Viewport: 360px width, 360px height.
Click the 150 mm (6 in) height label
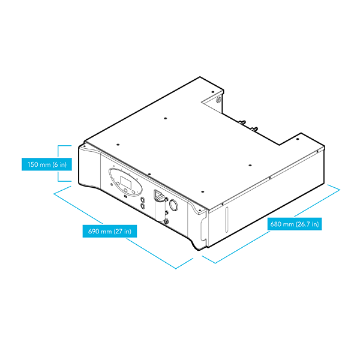click(47, 164)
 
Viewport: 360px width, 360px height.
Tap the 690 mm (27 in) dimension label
click(110, 231)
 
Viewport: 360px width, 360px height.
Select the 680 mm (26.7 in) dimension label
click(295, 224)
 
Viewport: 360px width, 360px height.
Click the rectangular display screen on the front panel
click(126, 182)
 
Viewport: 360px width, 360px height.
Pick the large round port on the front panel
click(173, 205)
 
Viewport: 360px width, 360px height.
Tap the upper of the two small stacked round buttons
click(143, 200)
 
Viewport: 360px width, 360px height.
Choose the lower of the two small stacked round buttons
click(143, 206)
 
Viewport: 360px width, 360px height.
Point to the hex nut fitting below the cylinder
click(166, 221)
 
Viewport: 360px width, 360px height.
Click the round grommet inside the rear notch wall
click(218, 100)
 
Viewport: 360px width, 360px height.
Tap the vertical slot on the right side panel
click(227, 220)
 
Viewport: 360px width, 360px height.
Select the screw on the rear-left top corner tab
click(213, 92)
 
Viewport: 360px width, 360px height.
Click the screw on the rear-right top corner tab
click(298, 139)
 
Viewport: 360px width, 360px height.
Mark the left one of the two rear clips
click(242, 122)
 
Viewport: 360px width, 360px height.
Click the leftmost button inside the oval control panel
click(118, 184)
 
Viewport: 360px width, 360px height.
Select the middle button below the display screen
click(125, 190)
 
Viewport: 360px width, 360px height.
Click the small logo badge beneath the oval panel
click(125, 196)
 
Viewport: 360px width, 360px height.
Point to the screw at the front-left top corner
click(85, 146)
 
